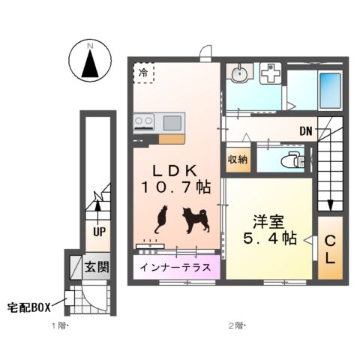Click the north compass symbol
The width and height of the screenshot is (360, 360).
coord(89,61)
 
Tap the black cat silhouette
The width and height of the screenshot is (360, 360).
coord(160,220)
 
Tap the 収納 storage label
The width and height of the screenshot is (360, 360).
coord(238,160)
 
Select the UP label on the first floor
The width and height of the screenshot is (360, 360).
coord(98,232)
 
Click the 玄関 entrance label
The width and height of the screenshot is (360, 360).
coord(95,265)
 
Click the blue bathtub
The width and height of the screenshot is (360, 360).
coord(329,91)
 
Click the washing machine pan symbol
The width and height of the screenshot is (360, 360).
coord(269,73)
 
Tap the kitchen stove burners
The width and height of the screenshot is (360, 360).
coord(145,120)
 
